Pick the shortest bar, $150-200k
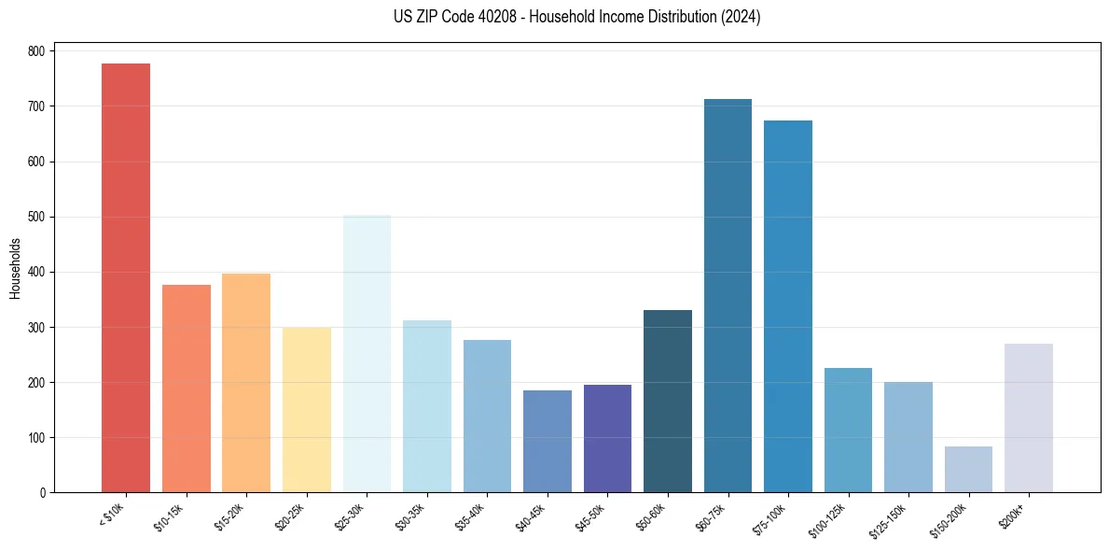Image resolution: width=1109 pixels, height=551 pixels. (x=968, y=469)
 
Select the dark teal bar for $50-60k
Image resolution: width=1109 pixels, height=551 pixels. (x=668, y=401)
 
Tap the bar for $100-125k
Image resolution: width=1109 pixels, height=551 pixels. (x=848, y=430)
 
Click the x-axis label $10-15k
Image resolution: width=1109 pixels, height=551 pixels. (x=169, y=517)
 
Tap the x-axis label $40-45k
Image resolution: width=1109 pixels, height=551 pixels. (x=530, y=517)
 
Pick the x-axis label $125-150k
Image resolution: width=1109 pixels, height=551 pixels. (x=889, y=519)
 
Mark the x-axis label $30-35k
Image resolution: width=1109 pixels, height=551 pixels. (x=409, y=517)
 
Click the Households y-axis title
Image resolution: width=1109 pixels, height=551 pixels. (x=15, y=268)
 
